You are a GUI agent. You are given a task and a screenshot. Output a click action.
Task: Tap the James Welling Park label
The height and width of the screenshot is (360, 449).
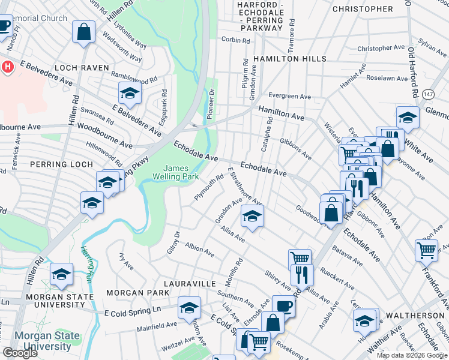point(182,172)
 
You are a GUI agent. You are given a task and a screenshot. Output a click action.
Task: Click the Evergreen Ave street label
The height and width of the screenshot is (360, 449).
point(289,96)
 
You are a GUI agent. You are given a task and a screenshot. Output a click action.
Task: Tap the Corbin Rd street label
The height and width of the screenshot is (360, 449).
point(235,40)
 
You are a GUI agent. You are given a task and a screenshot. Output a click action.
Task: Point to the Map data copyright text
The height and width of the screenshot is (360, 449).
point(412,355)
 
